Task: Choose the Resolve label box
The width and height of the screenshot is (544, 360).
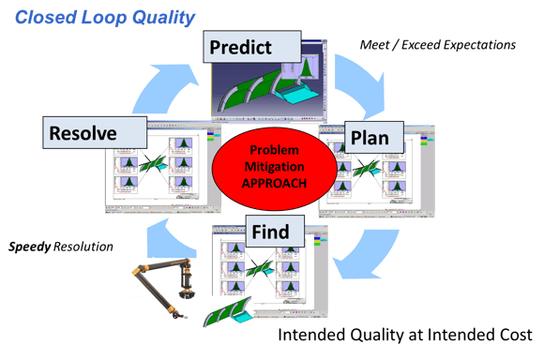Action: (x=83, y=133)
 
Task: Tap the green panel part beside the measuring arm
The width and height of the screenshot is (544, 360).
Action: (x=230, y=310)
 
